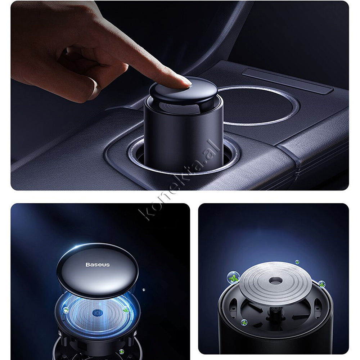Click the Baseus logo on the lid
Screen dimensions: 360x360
click(x=98, y=265)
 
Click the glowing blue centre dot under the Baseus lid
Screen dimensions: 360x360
click(x=96, y=313)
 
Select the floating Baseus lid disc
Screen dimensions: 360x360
click(x=97, y=271)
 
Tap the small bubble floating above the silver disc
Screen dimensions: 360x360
click(x=297, y=262)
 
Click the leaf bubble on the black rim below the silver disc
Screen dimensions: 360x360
click(x=244, y=323)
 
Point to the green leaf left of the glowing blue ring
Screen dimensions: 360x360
click(x=66, y=310)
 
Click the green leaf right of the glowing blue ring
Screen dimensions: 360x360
click(x=126, y=310)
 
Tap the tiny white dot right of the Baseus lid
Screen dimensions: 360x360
click(x=144, y=290)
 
